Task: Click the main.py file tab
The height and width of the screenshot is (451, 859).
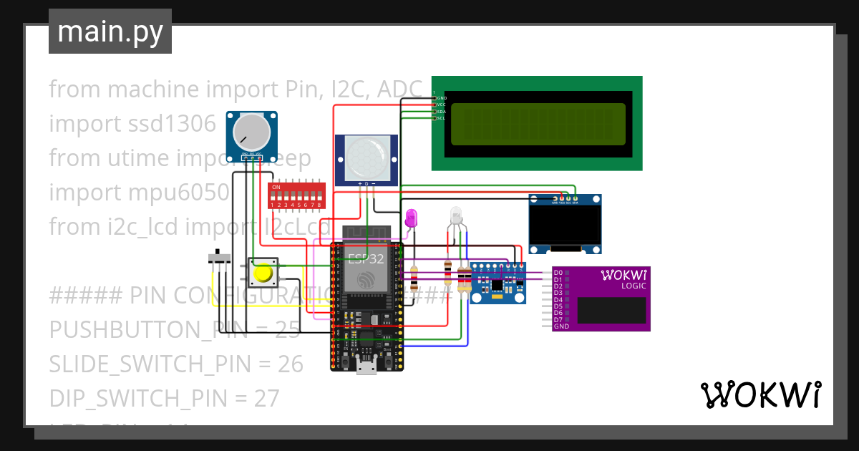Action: [110, 31]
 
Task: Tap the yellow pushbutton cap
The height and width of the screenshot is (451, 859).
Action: [263, 273]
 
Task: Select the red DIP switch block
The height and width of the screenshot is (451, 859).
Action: [297, 195]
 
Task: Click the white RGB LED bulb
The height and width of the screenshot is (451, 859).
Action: [457, 216]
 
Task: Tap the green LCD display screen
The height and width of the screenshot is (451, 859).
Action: [538, 123]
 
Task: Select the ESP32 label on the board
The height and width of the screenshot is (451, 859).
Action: [366, 258]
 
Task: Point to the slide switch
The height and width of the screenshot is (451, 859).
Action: [219, 256]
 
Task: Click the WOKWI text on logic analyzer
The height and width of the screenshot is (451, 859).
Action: [624, 275]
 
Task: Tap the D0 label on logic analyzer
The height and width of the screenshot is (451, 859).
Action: [558, 273]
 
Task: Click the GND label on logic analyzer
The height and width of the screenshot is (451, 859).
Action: [561, 326]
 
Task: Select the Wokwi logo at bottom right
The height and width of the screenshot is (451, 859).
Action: [760, 394]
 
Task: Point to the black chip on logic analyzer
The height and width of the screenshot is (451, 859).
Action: [612, 310]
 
